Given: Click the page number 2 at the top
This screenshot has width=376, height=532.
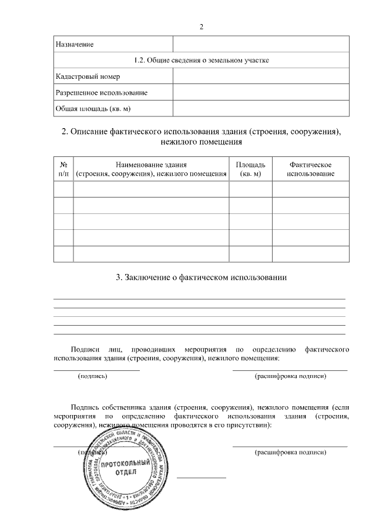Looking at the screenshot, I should pyautogui.click(x=201, y=27).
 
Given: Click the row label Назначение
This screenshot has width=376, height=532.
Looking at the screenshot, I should pyautogui.click(x=74, y=45).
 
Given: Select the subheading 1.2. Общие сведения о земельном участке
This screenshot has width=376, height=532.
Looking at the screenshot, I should pyautogui.click(x=202, y=61).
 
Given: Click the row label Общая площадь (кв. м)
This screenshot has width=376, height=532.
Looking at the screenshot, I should pyautogui.click(x=93, y=109).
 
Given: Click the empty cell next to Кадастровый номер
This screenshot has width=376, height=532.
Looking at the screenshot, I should pyautogui.click(x=261, y=77).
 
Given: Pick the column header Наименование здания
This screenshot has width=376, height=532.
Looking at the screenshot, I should pyautogui.click(x=151, y=169).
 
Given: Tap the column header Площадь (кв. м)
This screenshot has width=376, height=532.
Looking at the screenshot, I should pyautogui.click(x=250, y=169).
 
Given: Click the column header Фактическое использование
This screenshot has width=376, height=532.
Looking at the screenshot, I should pyautogui.click(x=310, y=169).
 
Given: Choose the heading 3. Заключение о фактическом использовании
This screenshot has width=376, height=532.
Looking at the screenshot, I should pyautogui.click(x=202, y=277).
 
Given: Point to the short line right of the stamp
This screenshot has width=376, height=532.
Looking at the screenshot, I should pyautogui.click(x=202, y=477).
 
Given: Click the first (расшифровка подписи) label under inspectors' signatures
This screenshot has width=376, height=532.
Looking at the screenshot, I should pyautogui.click(x=290, y=376).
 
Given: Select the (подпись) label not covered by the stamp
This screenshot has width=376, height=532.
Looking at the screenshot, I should pyautogui.click(x=92, y=376).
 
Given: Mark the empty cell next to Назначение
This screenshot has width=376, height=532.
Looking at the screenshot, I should pyautogui.click(x=261, y=45).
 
